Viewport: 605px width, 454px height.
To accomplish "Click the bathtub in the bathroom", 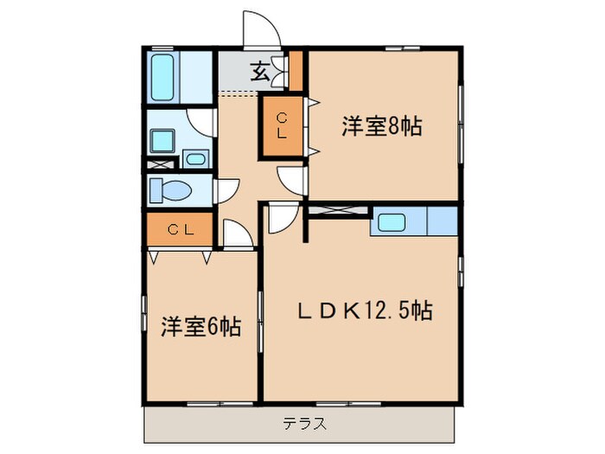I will tap(164, 78).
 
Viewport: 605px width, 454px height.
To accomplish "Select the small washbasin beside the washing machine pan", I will tap(195, 158).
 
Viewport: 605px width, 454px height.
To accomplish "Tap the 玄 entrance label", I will tap(259, 71).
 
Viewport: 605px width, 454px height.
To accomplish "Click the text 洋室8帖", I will tap(381, 126).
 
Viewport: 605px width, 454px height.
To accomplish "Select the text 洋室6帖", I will tap(201, 327).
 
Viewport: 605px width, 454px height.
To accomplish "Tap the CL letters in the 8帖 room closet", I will tap(283, 126).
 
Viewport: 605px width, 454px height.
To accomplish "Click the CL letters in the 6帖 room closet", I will tap(179, 229).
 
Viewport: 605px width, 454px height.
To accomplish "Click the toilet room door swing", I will tap(228, 190).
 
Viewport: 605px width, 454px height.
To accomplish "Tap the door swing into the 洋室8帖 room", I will tap(292, 180).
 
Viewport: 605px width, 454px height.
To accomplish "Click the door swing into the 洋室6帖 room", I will tap(236, 233).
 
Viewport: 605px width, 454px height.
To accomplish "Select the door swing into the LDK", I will tap(282, 218).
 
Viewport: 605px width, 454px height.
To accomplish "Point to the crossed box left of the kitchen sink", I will tap(340, 209).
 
